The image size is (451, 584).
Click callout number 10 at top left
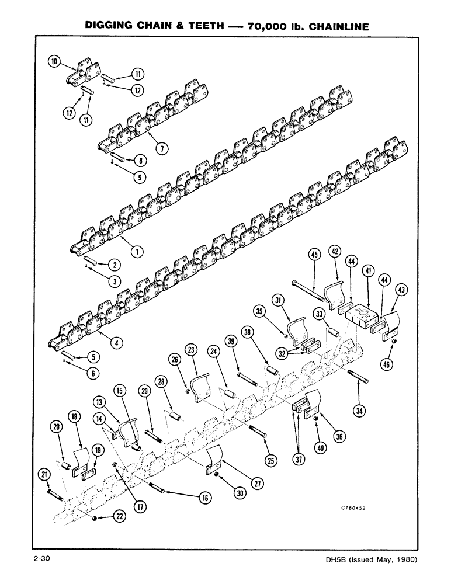[x=54, y=61]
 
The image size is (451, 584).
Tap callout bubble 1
[x=137, y=252]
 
